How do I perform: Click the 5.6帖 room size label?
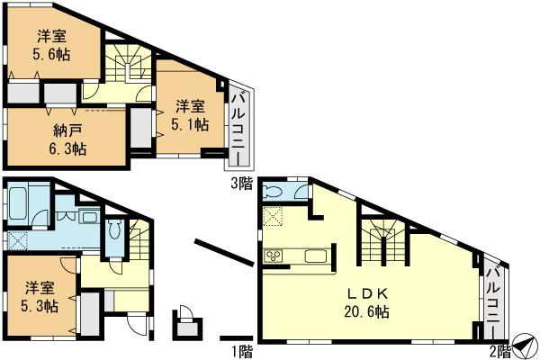click(x=53, y=54)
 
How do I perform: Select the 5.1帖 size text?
click(x=190, y=125)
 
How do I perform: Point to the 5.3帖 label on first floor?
click(x=41, y=306)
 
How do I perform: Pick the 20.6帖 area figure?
click(x=365, y=312)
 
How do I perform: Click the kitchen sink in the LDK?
click(x=314, y=256)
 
